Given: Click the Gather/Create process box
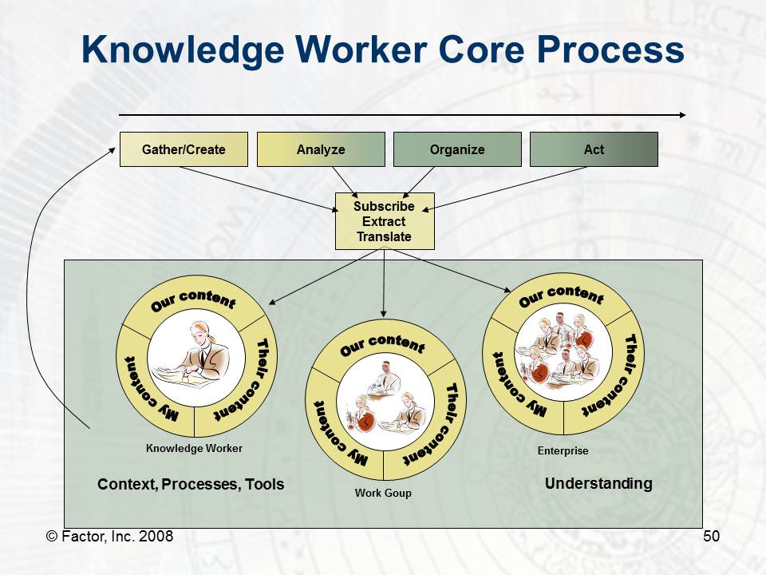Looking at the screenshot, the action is tap(184, 149).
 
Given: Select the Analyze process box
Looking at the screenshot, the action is tap(321, 149).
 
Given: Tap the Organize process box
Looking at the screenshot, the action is tap(457, 149).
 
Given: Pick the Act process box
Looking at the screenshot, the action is tap(594, 149).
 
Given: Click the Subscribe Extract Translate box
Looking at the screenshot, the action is tap(385, 221).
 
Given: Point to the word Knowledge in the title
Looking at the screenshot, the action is tap(182, 50).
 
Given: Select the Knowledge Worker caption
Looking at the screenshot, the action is tap(194, 448).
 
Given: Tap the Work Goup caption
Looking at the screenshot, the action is tap(383, 493).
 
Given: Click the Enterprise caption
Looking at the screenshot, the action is tap(563, 450).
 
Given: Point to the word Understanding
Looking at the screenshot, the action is tap(598, 484).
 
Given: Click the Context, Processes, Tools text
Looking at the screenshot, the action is tap(191, 484).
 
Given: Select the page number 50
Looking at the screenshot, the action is tap(711, 537).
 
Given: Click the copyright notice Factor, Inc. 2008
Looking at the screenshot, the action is tap(109, 537).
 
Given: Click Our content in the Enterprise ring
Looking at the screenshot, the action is tap(561, 295).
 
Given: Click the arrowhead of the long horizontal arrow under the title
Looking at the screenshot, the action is tap(683, 115).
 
